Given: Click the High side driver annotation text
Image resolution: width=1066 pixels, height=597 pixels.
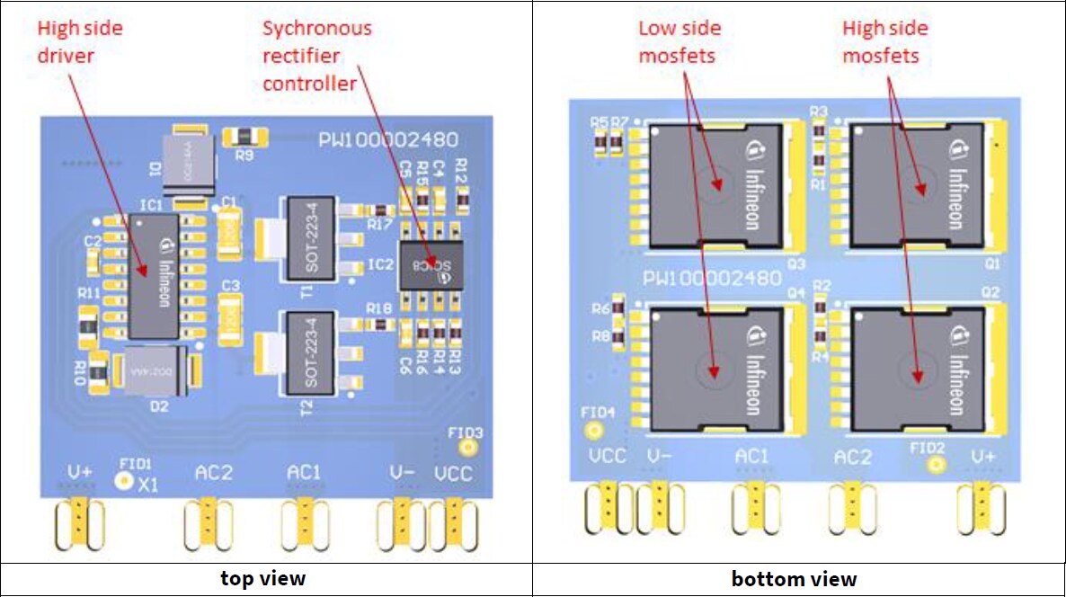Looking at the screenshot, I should pos(79,41).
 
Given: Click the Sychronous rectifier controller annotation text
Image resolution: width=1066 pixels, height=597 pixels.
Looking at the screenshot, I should pos(315,56).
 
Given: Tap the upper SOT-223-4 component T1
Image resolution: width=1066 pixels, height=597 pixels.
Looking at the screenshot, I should pos(308,238).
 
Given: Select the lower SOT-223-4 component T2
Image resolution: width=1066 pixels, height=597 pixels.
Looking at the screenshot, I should pos(308,352).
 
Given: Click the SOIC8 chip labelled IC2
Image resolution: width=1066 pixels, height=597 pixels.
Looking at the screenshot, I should pos(431,266).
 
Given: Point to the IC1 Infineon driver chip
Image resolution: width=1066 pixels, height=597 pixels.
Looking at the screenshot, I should pos(154,275).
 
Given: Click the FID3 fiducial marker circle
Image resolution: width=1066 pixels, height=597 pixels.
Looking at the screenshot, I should pos(466,447).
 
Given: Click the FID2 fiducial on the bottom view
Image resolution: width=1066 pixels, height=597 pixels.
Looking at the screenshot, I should pos(937,464).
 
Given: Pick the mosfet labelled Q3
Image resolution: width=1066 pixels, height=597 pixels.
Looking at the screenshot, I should pos(717,186).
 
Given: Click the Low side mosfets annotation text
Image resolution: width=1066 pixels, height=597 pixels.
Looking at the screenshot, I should pos(679,41).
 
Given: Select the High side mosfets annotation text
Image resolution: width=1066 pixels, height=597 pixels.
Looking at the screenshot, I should pos(884,41).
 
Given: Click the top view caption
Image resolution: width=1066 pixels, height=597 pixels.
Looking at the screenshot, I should pos(263,578).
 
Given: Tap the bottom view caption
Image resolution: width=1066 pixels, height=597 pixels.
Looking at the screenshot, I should pos(794,578).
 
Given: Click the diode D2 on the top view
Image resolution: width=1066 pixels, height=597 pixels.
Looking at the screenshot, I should pos(157,371).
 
